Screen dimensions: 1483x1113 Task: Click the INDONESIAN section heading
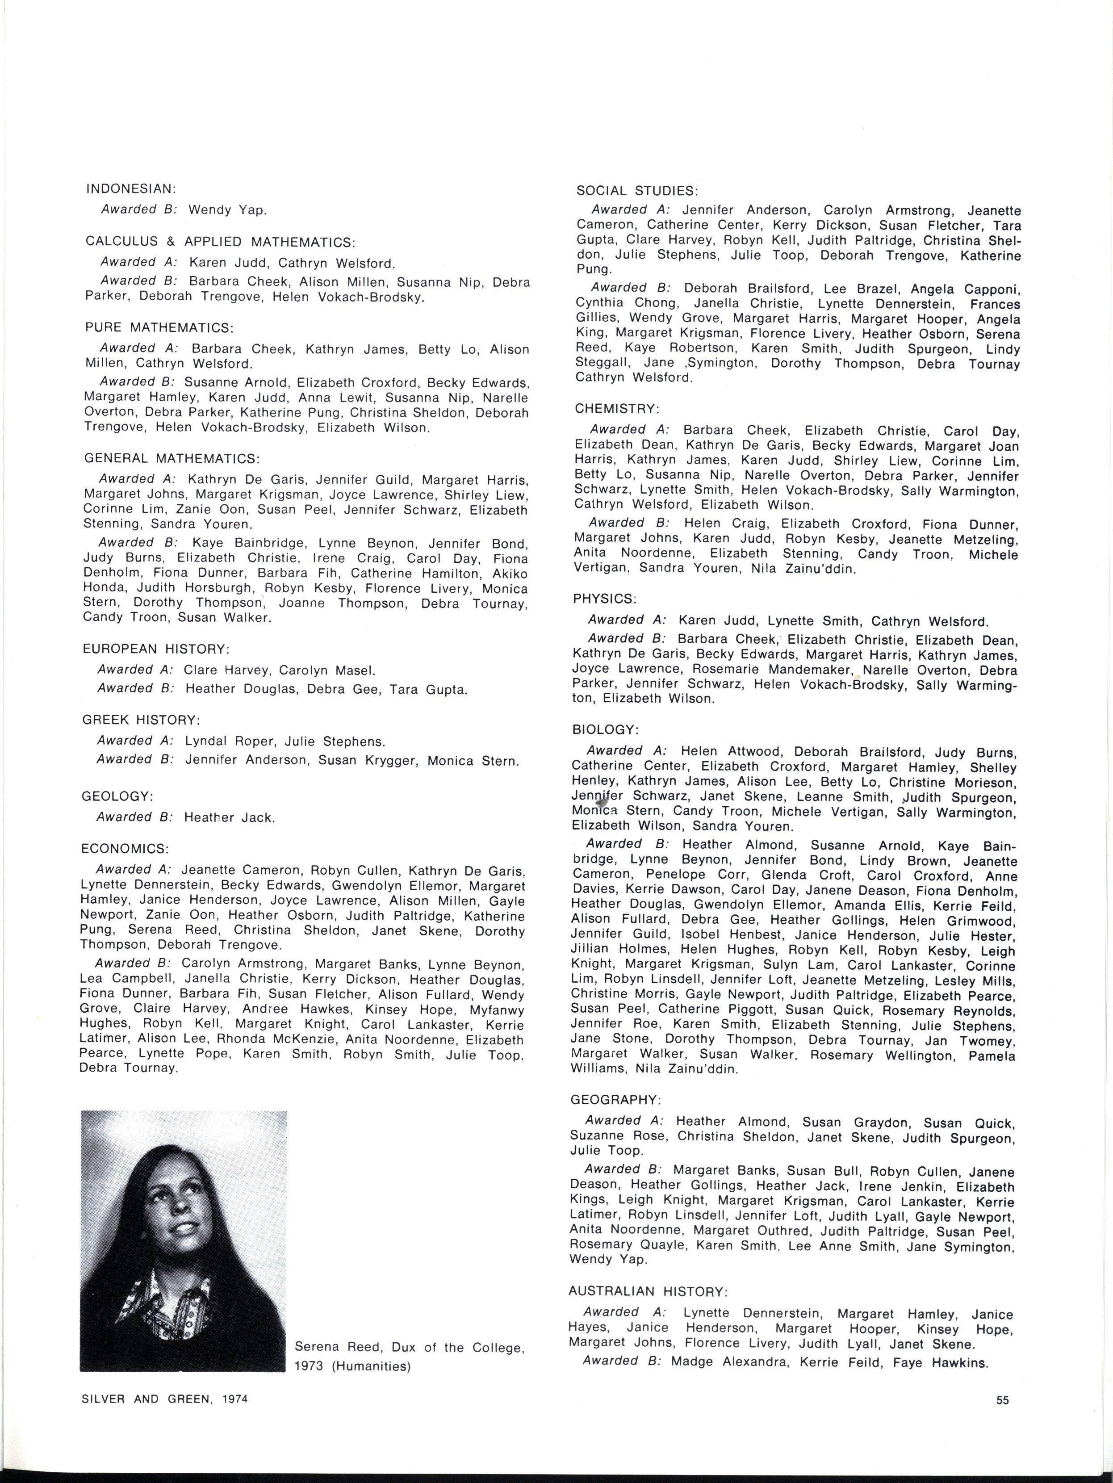coord(131,190)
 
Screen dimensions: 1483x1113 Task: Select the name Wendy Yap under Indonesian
coord(228,210)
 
